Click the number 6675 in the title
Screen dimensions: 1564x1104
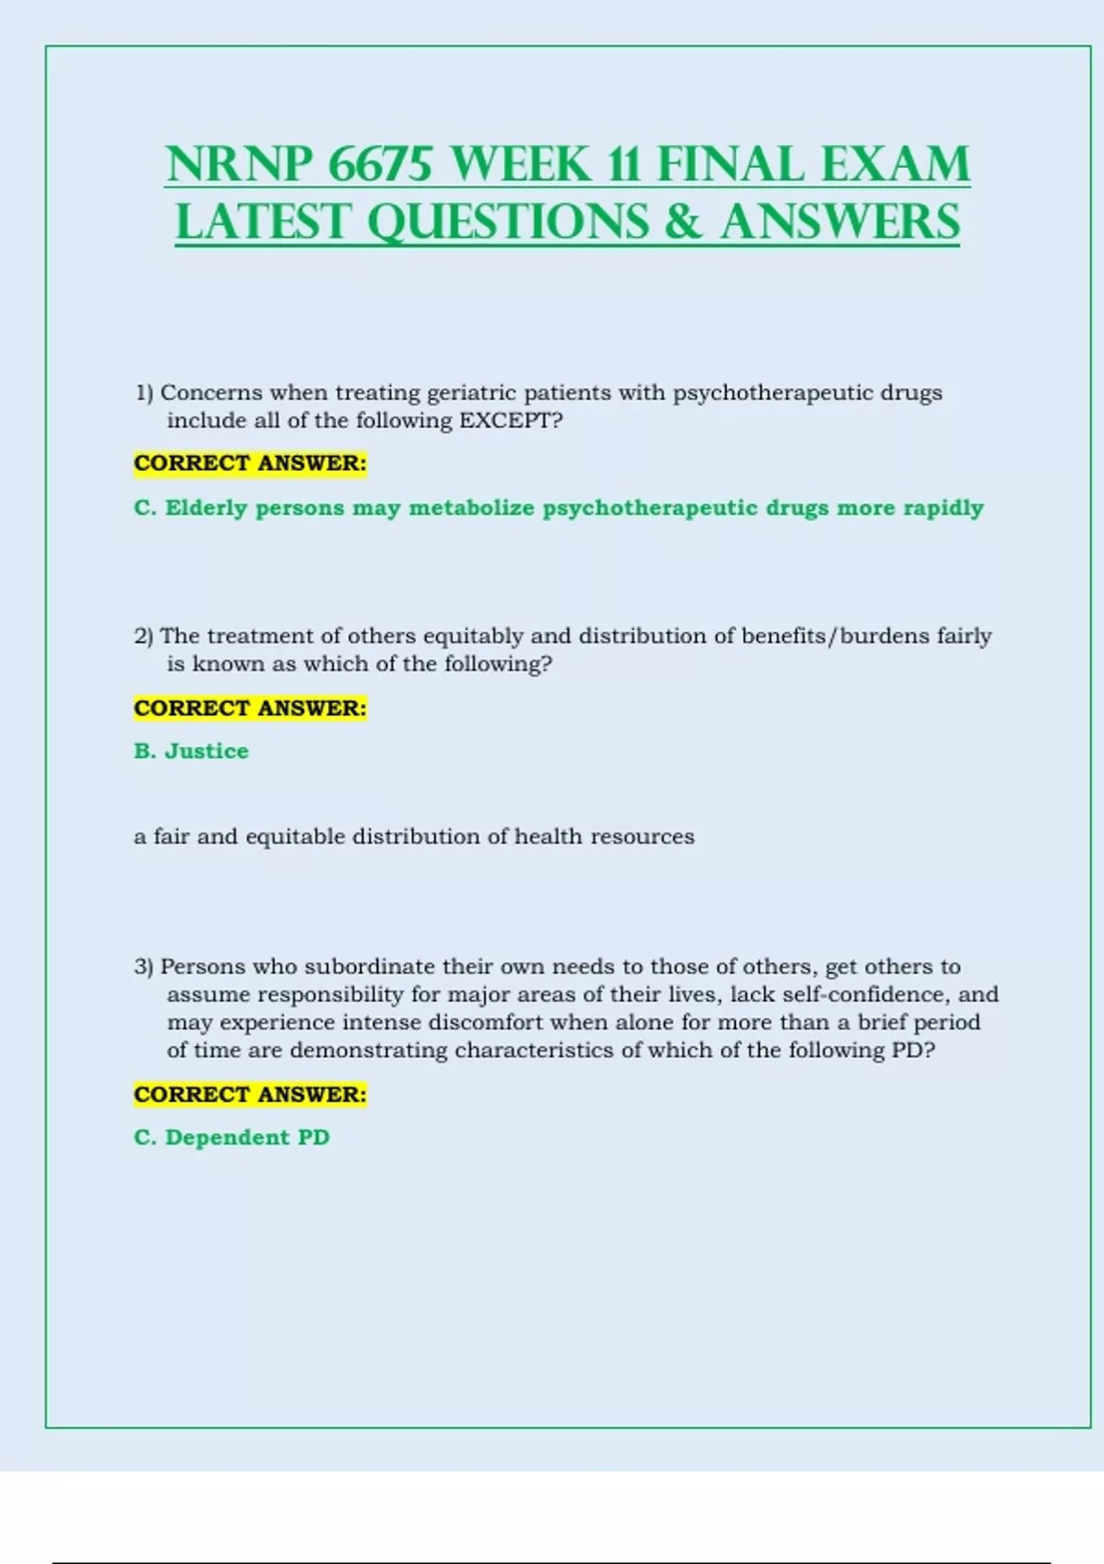pyautogui.click(x=379, y=166)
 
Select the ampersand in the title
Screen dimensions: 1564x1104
pyautogui.click(x=682, y=223)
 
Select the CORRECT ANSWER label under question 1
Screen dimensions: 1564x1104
pyautogui.click(x=250, y=463)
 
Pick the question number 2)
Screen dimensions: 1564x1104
pyautogui.click(x=144, y=636)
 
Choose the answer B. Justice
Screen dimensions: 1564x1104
pyautogui.click(x=191, y=751)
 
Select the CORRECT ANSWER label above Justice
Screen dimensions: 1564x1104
pyautogui.click(x=250, y=708)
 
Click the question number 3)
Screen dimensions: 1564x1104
pyautogui.click(x=144, y=967)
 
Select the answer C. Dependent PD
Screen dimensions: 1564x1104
pyautogui.click(x=232, y=1137)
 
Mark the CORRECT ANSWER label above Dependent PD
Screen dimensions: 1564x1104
pyautogui.click(x=250, y=1095)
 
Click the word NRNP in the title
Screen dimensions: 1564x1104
pyautogui.click(x=239, y=166)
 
